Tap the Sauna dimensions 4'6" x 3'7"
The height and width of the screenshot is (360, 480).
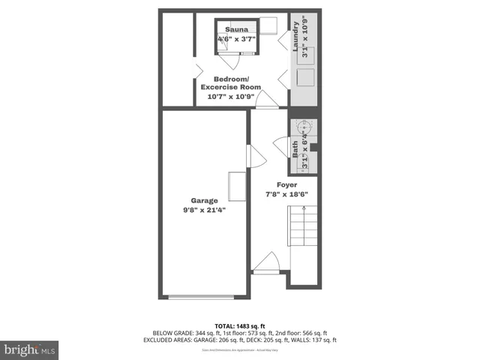click(x=236, y=39)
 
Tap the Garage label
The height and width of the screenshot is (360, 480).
click(x=204, y=200)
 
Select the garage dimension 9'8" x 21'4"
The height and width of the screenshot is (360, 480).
click(x=204, y=210)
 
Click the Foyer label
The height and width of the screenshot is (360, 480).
click(x=286, y=184)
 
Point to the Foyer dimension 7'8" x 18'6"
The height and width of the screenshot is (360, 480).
click(x=286, y=194)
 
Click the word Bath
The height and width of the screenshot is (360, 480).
click(x=295, y=147)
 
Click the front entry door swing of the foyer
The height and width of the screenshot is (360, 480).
click(x=267, y=262)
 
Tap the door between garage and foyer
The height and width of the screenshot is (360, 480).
click(x=256, y=156)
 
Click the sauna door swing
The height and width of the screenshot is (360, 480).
click(x=226, y=46)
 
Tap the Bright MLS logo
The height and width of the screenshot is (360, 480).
click(x=30, y=349)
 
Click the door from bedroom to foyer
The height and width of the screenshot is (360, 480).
click(x=267, y=100)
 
